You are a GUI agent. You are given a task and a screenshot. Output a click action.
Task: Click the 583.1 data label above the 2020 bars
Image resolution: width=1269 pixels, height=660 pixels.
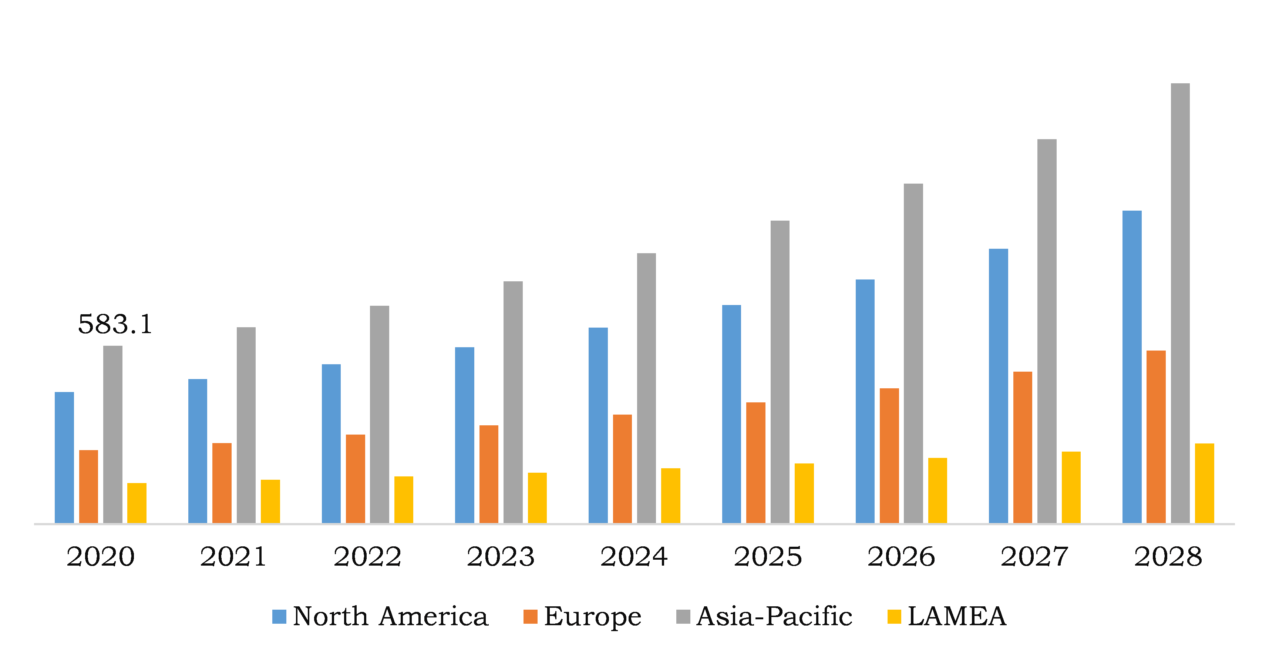pos(115,324)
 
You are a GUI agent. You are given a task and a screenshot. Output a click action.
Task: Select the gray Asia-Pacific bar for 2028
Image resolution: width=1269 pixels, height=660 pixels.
pos(1180,303)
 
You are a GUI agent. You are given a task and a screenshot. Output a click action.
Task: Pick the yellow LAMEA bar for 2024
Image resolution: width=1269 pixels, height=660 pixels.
pos(670,495)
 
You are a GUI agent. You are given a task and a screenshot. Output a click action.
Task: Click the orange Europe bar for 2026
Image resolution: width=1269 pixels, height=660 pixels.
pos(889,455)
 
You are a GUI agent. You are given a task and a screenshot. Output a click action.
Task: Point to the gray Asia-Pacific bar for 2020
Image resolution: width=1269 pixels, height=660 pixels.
pos(112,434)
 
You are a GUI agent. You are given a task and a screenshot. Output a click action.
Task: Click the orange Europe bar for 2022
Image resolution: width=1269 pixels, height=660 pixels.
pos(355,478)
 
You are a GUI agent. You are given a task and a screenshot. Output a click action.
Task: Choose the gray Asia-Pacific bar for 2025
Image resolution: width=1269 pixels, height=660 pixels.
pos(780,371)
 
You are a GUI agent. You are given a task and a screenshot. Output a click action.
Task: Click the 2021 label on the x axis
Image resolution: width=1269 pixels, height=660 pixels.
pos(233,556)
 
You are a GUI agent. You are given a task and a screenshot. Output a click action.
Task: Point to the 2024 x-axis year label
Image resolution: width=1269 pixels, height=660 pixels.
pos(634,556)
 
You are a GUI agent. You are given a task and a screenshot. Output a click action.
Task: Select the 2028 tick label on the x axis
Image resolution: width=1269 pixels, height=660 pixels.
pos(1168,556)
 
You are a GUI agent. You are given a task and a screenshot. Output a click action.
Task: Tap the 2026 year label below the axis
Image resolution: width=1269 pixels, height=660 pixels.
pos(901,556)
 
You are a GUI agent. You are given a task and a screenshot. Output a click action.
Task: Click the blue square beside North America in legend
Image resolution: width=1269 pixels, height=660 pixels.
pos(279,617)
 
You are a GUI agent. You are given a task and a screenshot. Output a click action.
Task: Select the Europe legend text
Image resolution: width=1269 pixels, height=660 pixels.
pos(592,617)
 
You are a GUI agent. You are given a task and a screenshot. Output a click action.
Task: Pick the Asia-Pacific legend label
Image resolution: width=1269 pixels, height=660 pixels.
pos(774,617)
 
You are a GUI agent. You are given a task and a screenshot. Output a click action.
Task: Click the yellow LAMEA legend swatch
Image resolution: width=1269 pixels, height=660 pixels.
pos(894,617)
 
